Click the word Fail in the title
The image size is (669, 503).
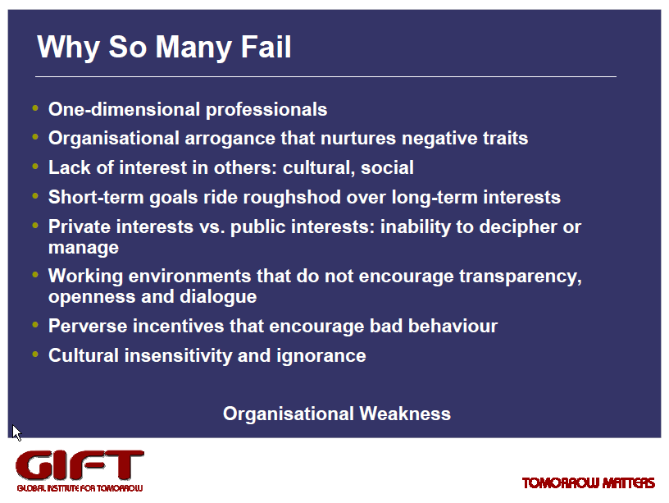tap(266, 47)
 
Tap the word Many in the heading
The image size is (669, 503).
tap(193, 48)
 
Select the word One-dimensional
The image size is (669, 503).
tap(124, 109)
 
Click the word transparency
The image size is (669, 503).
tap(521, 277)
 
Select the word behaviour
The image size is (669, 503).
tap(453, 326)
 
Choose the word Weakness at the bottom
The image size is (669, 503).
tap(405, 414)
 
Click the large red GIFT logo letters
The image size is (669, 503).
tap(80, 465)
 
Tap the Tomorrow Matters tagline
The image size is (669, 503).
tap(589, 483)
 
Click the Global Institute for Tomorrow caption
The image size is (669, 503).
tap(80, 488)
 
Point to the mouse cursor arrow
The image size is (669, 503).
tap(16, 432)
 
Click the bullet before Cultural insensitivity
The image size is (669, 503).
tap(35, 354)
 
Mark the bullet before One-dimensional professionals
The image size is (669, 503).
tap(35, 108)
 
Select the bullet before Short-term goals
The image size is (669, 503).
tap(35, 196)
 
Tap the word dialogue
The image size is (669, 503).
tap(218, 297)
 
